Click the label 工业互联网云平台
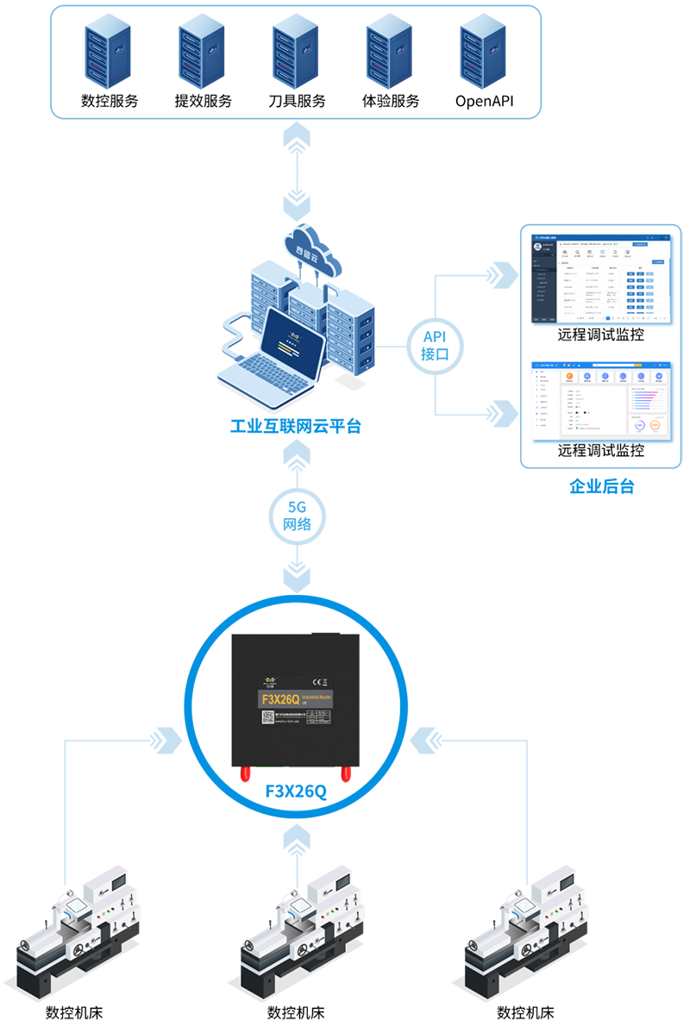296,426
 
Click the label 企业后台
601,486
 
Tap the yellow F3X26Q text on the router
279,699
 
